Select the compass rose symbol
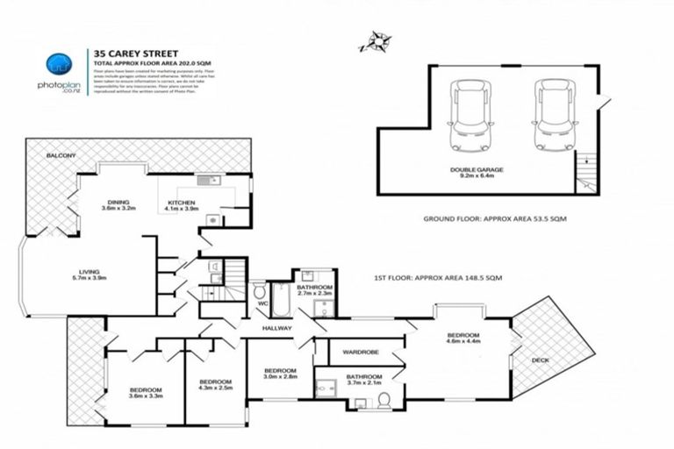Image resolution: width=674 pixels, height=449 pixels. point(376,39)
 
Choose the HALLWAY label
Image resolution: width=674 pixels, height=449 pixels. point(280,329)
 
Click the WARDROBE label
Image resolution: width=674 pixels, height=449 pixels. point(360,353)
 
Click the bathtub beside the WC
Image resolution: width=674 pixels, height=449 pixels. point(282,300)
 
